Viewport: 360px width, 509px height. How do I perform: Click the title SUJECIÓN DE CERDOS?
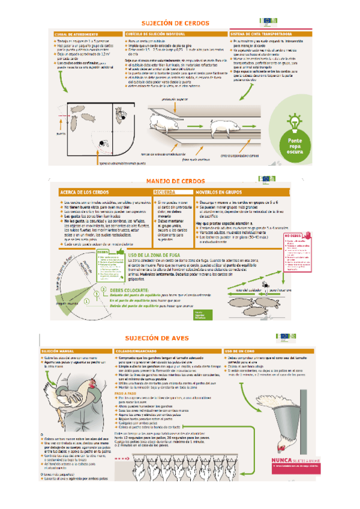[175, 23]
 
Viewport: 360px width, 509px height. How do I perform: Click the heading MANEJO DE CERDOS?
[175, 181]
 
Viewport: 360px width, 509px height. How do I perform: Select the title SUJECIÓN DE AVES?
[157, 339]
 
